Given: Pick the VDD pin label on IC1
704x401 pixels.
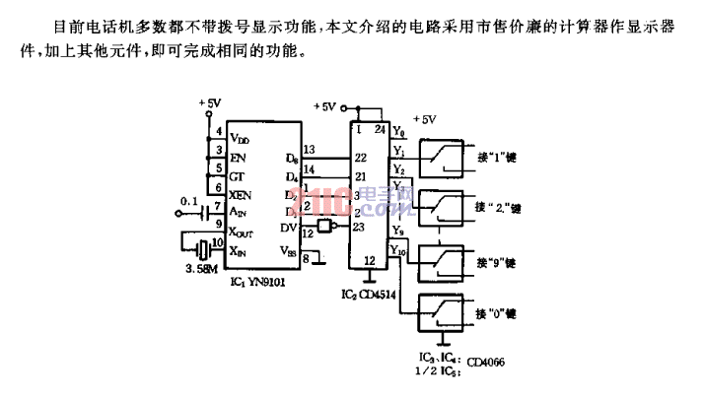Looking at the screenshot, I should click(x=240, y=139).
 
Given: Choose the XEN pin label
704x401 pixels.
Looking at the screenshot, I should click(x=241, y=193).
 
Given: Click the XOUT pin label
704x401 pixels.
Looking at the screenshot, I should click(x=244, y=233).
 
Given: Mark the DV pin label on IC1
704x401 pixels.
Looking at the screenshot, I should click(x=289, y=228).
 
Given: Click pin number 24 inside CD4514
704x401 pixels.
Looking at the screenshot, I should click(x=379, y=129).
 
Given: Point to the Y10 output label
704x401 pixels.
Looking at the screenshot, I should click(x=397, y=250).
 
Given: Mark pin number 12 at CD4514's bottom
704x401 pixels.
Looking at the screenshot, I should click(x=369, y=260).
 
